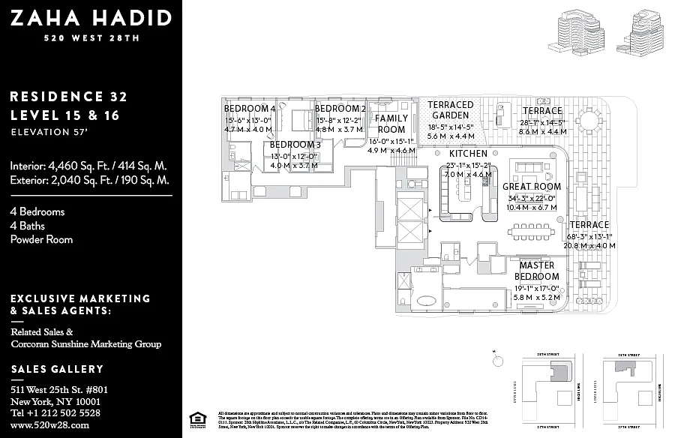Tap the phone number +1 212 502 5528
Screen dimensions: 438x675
(x=55, y=412)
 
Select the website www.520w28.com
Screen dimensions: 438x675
(x=50, y=425)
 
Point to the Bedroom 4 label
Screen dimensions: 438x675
(x=250, y=109)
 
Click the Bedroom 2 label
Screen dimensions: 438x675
(x=340, y=109)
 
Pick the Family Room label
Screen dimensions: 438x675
(x=391, y=124)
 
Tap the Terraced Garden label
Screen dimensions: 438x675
(x=450, y=110)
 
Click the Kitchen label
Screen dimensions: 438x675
(x=468, y=153)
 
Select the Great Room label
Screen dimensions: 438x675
(x=531, y=187)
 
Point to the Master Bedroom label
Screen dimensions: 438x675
(x=537, y=271)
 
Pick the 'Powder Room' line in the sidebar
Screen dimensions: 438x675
(x=41, y=240)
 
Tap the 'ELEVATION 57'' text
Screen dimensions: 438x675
(x=49, y=132)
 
